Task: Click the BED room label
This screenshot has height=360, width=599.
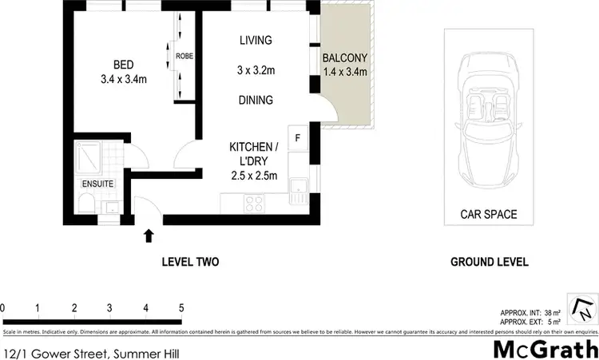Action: [x=122, y=66]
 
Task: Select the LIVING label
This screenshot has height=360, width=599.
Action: [x=256, y=41]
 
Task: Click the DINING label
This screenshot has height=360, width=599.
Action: [x=256, y=101]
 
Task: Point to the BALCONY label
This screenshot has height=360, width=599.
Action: [x=344, y=57]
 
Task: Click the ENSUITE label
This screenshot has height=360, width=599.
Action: [x=97, y=184]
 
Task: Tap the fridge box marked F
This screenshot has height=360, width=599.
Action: [x=298, y=136]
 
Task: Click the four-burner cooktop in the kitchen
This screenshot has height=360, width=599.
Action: [x=255, y=204]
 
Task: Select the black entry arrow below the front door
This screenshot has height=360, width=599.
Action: [x=149, y=235]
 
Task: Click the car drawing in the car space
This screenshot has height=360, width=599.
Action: [x=489, y=120]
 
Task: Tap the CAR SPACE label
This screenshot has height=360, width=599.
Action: [x=488, y=214]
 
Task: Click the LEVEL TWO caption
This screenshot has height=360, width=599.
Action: [x=190, y=262]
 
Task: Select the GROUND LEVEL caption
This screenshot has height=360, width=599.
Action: [x=489, y=262]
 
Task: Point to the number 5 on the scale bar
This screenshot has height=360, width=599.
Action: [x=181, y=308]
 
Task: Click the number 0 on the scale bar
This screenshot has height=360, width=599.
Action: [x=3, y=308]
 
